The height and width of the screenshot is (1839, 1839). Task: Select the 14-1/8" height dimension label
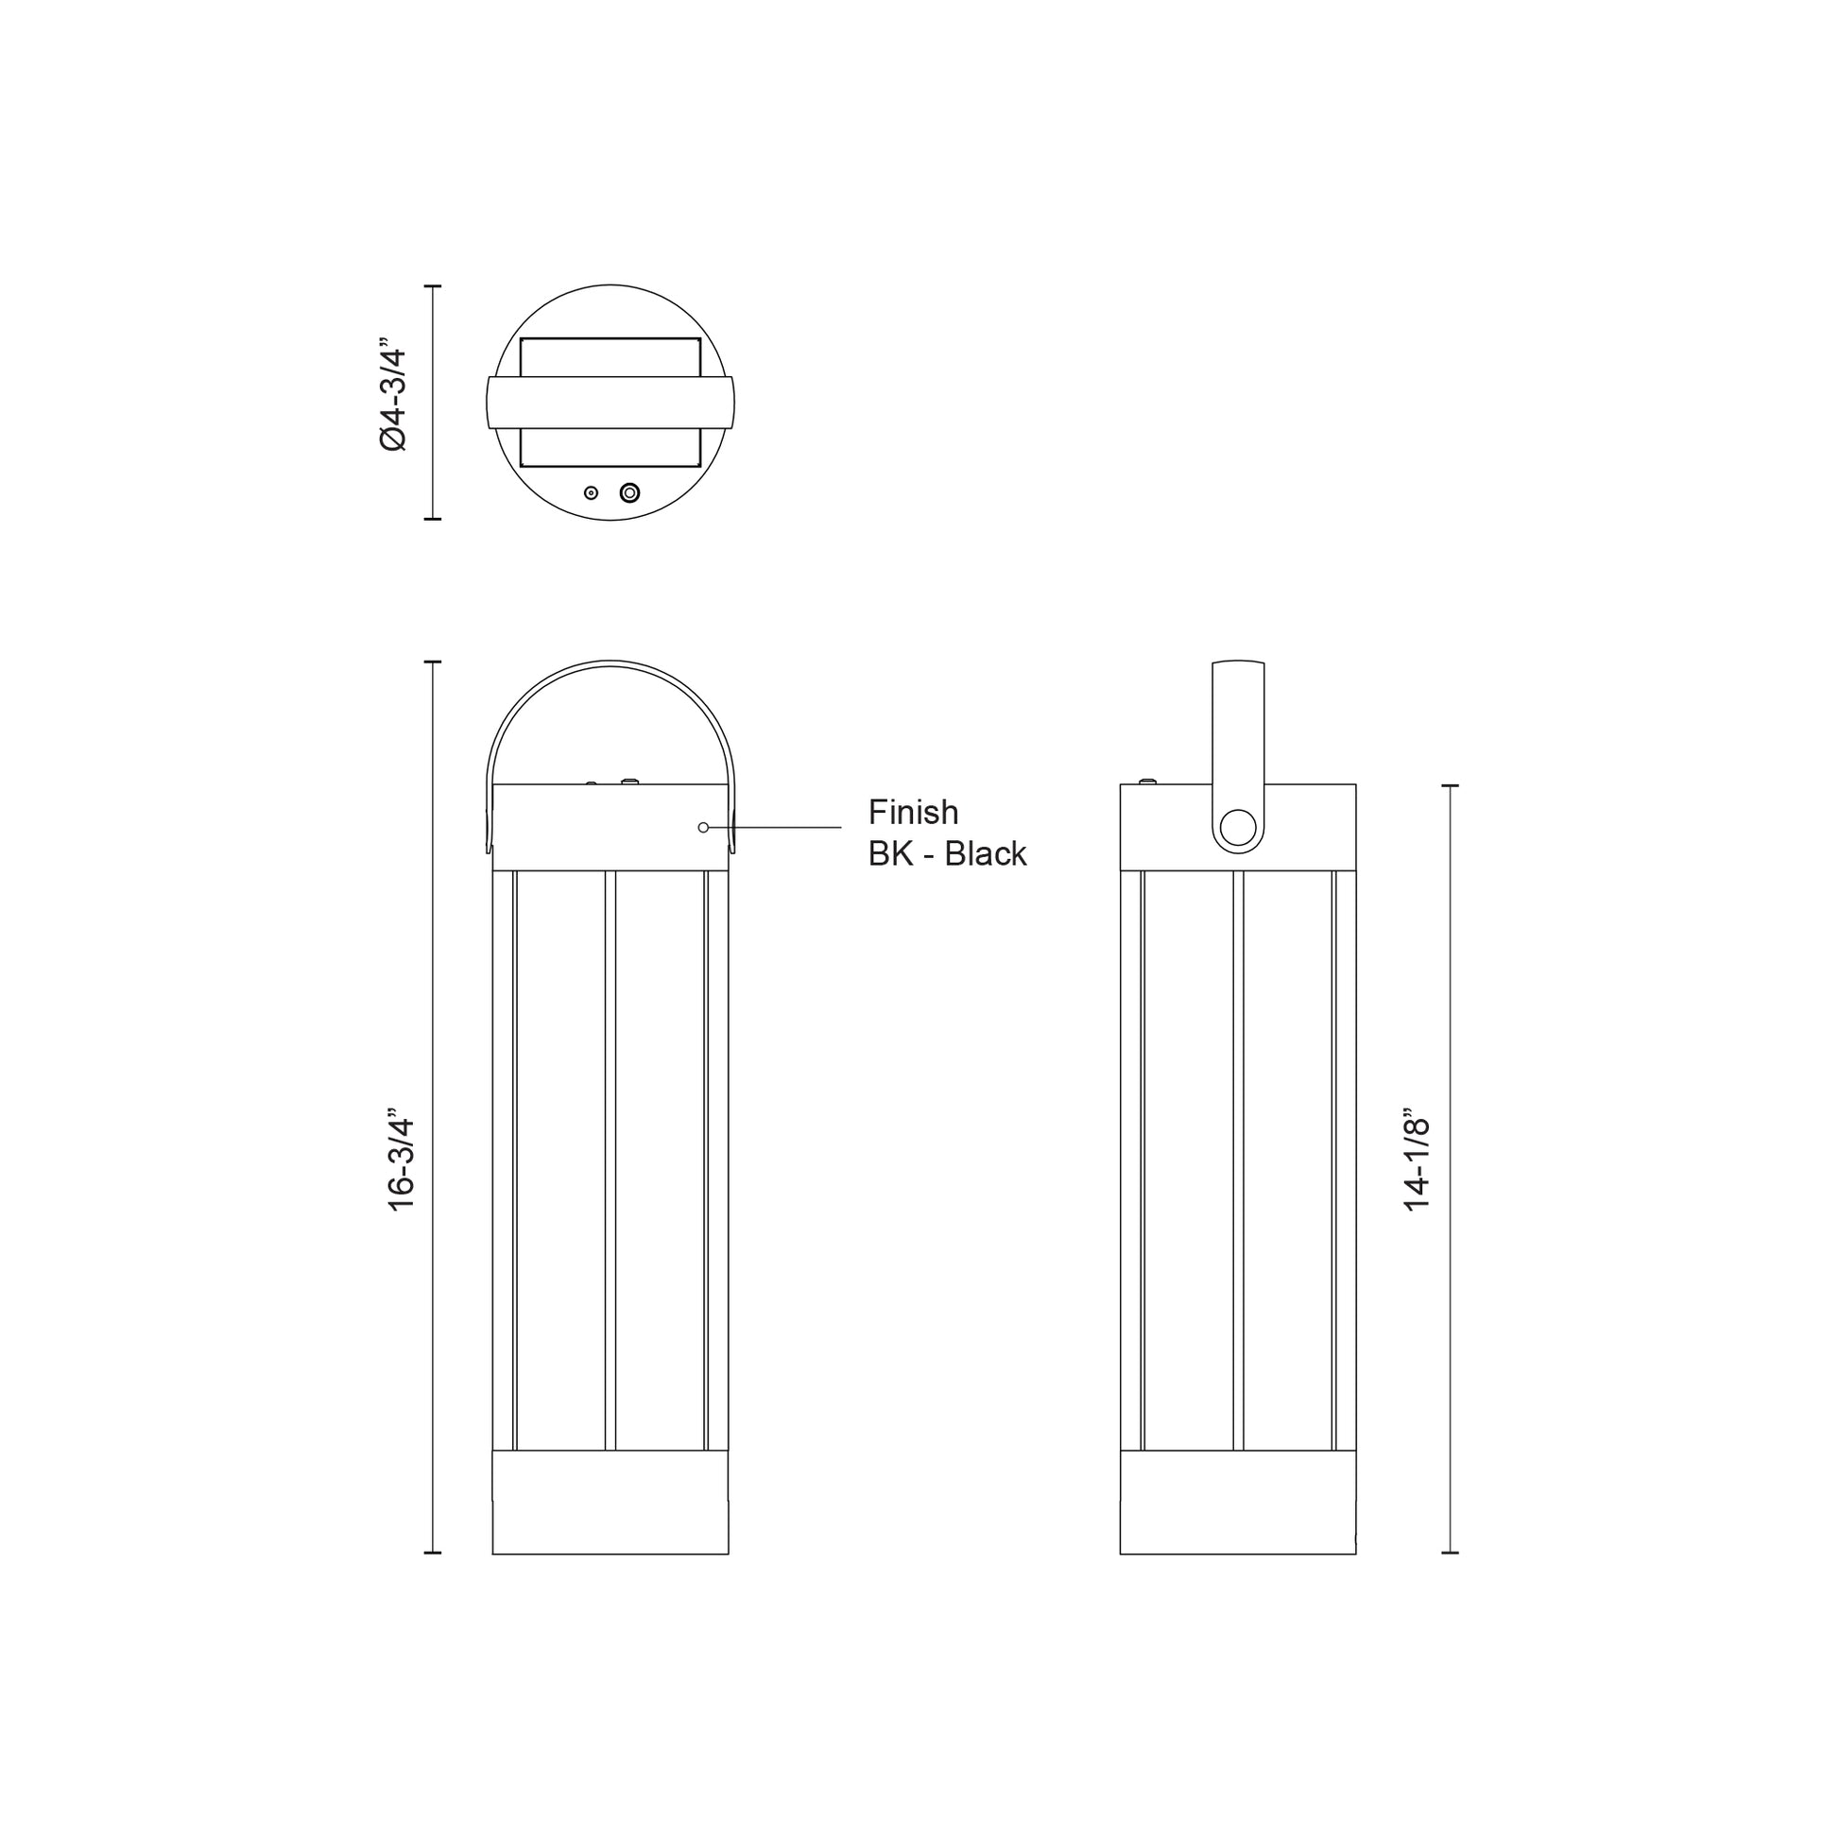(1418, 1162)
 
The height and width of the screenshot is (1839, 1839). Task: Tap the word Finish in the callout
(913, 812)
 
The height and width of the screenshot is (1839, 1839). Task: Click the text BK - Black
(947, 854)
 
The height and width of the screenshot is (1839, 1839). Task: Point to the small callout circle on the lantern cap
(703, 827)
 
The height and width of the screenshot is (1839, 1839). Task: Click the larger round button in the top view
(629, 493)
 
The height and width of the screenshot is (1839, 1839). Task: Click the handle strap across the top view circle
(610, 402)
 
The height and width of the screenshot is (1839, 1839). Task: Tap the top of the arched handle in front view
(610, 662)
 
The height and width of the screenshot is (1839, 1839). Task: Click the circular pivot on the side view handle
(1237, 828)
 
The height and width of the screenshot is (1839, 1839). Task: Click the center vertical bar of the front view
(610, 1161)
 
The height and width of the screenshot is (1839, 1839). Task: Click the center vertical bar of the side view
(1238, 1161)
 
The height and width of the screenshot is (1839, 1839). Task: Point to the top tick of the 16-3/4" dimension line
(433, 662)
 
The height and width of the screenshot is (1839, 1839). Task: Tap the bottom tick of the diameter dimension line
(433, 519)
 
